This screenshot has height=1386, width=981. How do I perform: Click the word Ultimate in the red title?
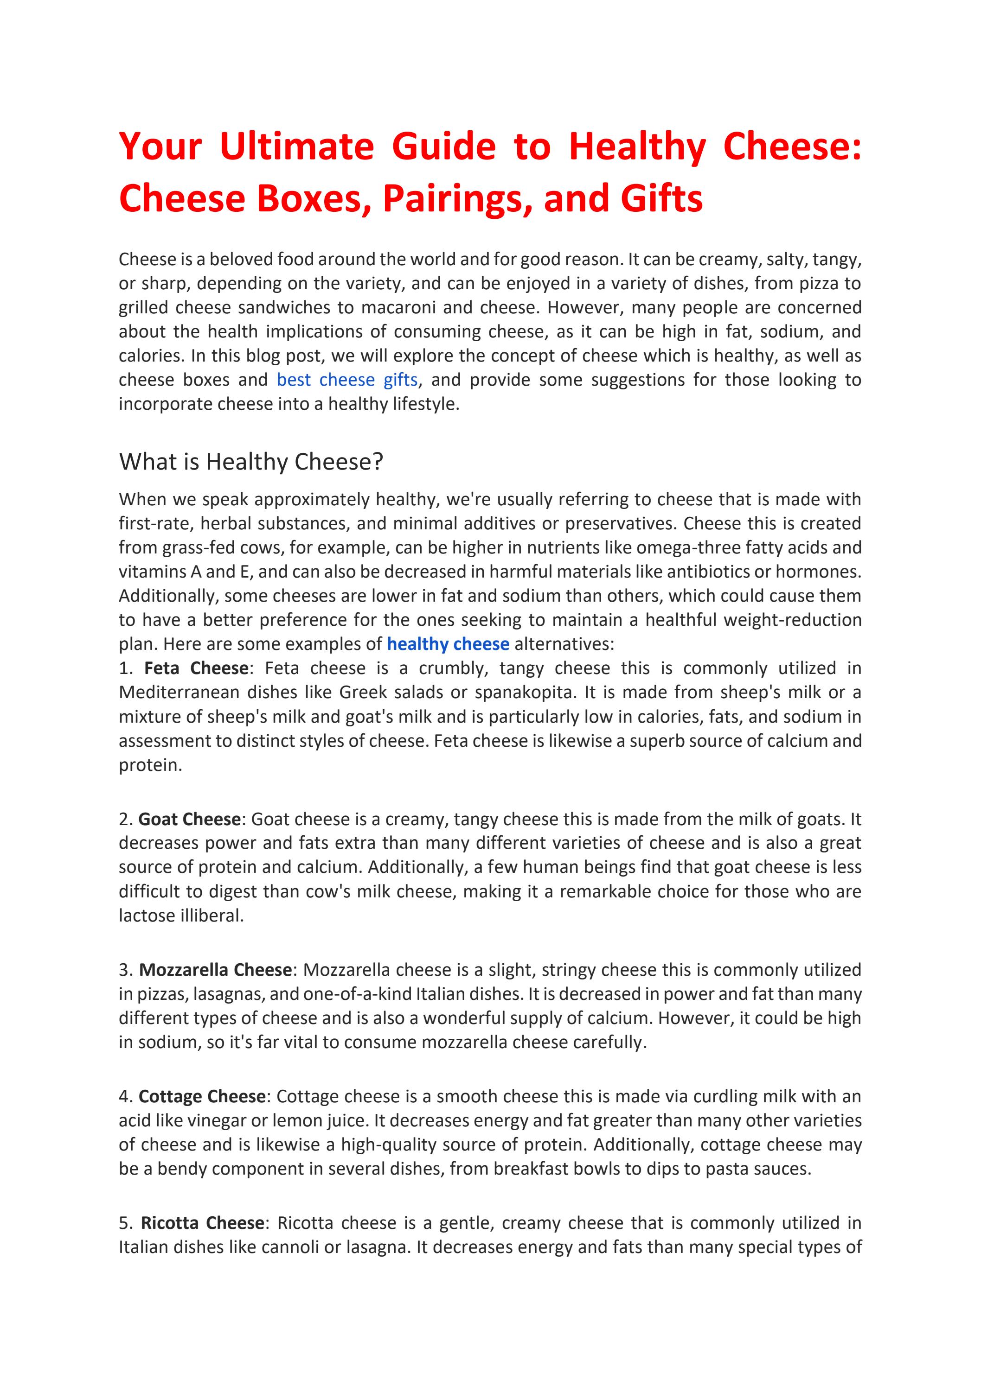tap(296, 146)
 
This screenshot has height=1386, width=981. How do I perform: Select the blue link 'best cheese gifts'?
tap(347, 380)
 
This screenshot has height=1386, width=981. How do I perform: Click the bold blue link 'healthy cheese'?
tap(448, 644)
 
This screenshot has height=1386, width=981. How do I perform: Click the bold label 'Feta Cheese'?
tap(196, 668)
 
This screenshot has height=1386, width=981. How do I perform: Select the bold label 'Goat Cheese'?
tap(189, 819)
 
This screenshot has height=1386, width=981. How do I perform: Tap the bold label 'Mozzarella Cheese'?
tap(215, 970)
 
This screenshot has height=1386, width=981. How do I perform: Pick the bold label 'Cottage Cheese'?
tap(202, 1096)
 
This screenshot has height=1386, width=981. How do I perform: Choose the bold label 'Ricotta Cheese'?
tap(202, 1223)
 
